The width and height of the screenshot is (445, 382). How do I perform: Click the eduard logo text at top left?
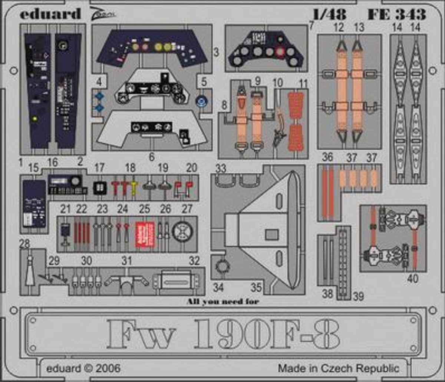pyautogui.click(x=50, y=14)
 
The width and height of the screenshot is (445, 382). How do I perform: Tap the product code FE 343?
pyautogui.click(x=397, y=14)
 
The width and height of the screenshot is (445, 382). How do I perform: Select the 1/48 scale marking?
pyautogui.click(x=329, y=14)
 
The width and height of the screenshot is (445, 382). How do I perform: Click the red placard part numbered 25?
pyautogui.click(x=145, y=232)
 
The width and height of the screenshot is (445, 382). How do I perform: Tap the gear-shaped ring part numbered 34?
pyautogui.click(x=223, y=265)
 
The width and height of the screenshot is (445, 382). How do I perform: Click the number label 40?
pyautogui.click(x=412, y=278)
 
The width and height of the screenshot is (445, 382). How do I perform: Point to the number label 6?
pyautogui.click(x=151, y=157)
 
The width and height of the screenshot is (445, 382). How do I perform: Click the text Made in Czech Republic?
pyautogui.click(x=339, y=369)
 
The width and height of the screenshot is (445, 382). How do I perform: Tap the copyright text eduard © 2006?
pyautogui.click(x=83, y=369)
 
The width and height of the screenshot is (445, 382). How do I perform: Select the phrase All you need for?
pyautogui.click(x=222, y=301)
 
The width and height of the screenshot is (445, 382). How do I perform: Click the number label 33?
pyautogui.click(x=221, y=169)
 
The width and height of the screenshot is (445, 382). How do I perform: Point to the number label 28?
pyautogui.click(x=25, y=244)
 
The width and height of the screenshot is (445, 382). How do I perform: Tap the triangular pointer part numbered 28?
pyautogui.click(x=29, y=272)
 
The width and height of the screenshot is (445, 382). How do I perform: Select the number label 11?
pyautogui.click(x=303, y=83)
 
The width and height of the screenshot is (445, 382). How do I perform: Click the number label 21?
pyautogui.click(x=65, y=209)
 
